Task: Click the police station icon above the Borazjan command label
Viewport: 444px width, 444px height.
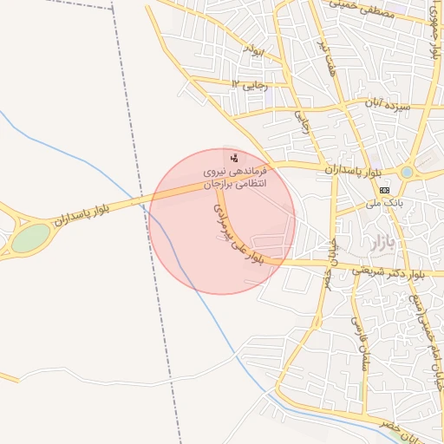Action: tap(234, 157)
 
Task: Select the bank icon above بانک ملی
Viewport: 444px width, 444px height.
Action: tap(385, 189)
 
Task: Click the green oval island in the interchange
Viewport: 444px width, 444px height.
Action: tap(31, 237)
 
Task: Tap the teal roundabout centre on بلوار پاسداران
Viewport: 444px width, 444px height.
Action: tap(407, 173)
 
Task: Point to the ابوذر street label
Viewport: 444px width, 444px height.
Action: tap(252, 52)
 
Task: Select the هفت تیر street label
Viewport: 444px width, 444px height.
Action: tap(328, 57)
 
